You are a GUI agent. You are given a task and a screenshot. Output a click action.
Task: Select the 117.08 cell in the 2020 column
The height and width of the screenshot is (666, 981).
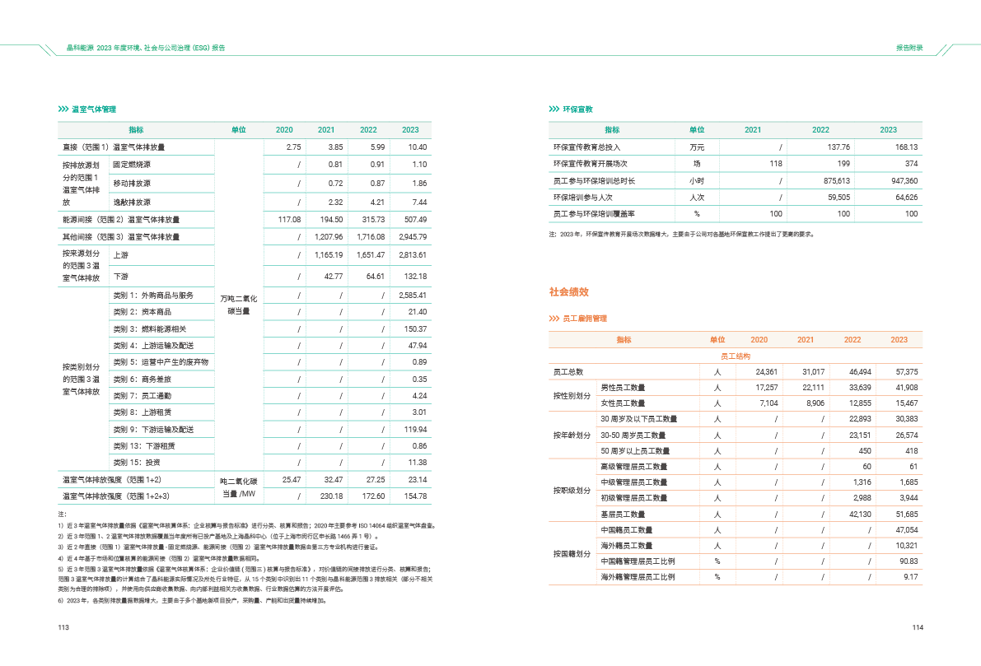click(x=289, y=220)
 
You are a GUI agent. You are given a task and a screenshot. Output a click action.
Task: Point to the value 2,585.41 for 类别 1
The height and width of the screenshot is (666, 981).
click(x=413, y=296)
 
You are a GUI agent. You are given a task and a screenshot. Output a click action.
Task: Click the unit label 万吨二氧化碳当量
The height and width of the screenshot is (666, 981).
click(x=239, y=304)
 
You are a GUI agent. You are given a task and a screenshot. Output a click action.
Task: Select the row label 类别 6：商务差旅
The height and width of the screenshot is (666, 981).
click(x=142, y=380)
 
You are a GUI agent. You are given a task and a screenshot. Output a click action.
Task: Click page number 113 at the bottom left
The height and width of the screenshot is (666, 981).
click(x=63, y=628)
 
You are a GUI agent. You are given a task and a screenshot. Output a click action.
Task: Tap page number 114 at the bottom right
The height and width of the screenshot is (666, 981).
click(x=918, y=628)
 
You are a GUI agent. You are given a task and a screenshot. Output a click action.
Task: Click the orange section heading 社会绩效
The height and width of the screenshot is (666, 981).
click(x=568, y=292)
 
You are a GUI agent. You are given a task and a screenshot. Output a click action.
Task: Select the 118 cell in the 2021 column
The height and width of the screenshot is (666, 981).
click(x=775, y=164)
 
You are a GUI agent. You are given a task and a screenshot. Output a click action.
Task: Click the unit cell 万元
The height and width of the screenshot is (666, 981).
click(x=697, y=147)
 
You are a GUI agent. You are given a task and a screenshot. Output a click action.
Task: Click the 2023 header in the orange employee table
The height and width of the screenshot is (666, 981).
click(x=899, y=339)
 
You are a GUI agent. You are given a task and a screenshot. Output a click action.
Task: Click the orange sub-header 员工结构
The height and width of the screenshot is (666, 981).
click(x=735, y=356)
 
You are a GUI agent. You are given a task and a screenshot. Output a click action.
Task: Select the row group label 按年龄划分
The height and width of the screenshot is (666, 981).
click(x=572, y=435)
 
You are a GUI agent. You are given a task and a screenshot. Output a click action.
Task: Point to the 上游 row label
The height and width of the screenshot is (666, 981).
click(x=120, y=255)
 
